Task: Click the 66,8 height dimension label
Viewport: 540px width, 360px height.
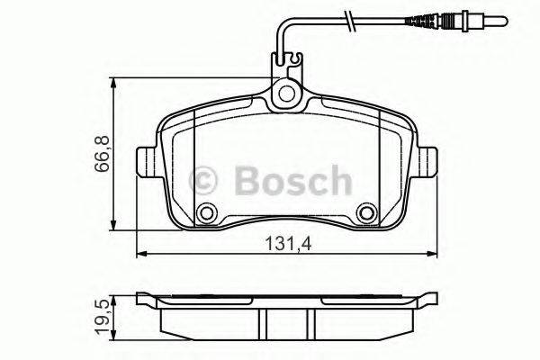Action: pos(104,151)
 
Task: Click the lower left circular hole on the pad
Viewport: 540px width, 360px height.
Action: pos(208,214)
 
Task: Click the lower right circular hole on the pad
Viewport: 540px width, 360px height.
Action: pos(366,214)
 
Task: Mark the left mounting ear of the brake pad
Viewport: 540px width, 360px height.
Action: pos(145,165)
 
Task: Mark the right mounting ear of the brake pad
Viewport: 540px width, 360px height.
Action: pos(430,165)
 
